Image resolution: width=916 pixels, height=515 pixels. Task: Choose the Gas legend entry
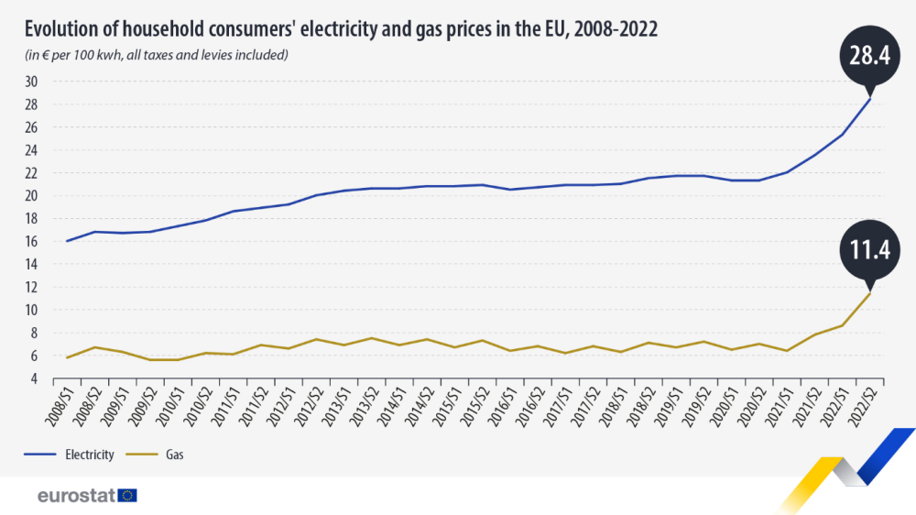165,454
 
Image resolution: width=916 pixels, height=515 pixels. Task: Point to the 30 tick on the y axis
31,82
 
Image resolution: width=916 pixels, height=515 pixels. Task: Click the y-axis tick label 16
31,241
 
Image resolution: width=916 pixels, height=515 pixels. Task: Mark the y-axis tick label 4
34,378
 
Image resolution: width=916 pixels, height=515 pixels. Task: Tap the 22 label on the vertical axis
31,173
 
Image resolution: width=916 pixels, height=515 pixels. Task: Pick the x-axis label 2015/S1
447,409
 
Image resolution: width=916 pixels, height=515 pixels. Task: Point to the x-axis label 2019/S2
696,409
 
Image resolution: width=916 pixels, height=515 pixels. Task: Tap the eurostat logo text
75,496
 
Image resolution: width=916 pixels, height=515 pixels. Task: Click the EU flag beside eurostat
127,496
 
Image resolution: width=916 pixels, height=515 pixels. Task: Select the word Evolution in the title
64,29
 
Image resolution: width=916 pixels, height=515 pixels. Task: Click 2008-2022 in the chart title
609,29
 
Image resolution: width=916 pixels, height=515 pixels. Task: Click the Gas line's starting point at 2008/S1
67,357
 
